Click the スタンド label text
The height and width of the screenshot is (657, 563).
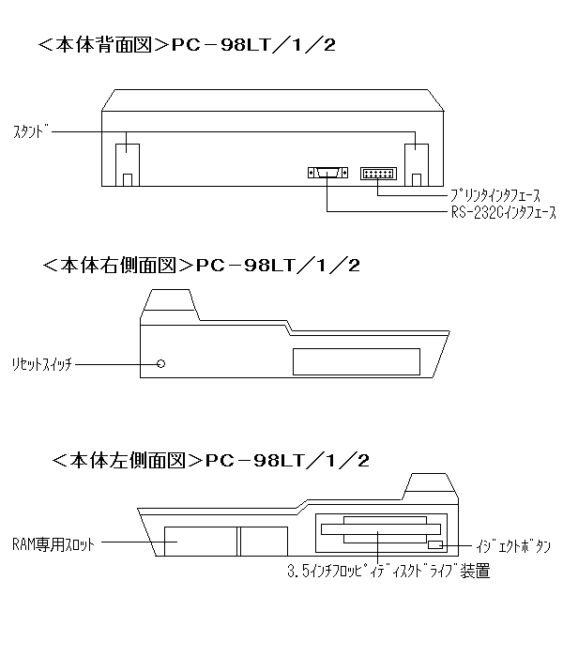31,132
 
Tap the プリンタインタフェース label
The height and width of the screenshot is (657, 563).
495,195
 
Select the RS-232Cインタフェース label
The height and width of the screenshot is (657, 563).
504,212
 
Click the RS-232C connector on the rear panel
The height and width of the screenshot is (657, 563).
327,172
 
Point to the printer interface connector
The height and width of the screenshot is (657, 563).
378,174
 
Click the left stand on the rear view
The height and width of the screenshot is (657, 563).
128,165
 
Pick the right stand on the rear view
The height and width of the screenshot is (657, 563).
417,165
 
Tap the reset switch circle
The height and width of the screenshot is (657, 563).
160,364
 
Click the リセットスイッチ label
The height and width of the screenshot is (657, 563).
42,364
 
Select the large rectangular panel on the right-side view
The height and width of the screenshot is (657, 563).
357,361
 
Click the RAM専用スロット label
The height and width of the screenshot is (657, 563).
53,544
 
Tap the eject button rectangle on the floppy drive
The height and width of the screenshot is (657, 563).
435,544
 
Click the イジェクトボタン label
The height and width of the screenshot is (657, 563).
512,546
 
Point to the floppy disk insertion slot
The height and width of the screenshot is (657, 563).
381,529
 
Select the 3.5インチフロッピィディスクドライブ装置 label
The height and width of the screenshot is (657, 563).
388,572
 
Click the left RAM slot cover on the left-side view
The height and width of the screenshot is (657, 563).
201,542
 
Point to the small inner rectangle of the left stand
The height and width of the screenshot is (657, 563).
128,180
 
